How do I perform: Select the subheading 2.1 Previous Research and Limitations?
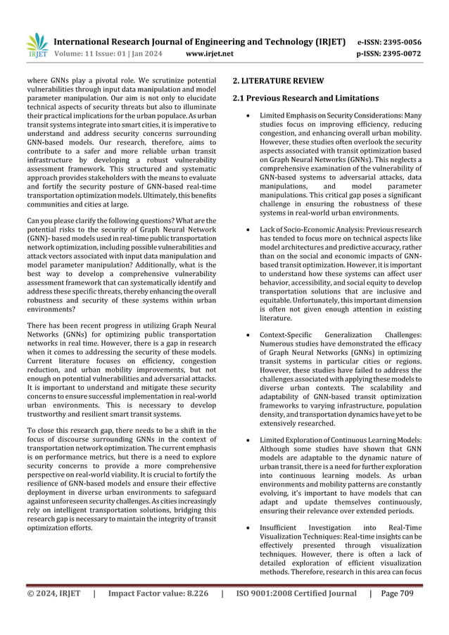pos(305,97)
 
